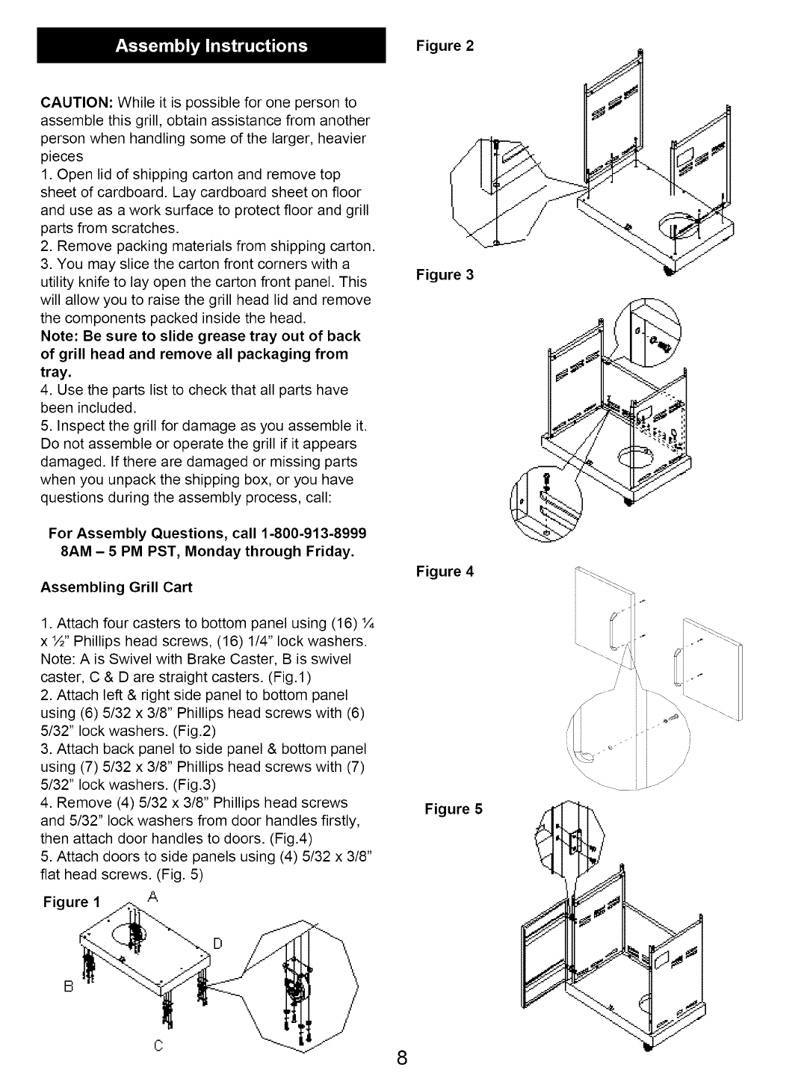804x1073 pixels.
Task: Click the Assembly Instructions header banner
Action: (x=211, y=46)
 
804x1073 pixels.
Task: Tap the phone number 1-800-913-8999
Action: (x=315, y=534)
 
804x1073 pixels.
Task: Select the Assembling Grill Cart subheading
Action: (x=117, y=587)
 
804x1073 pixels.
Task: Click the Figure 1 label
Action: (x=66, y=902)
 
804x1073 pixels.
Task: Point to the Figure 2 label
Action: (x=445, y=46)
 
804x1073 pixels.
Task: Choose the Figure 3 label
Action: (x=445, y=275)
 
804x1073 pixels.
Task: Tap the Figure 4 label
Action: (x=445, y=572)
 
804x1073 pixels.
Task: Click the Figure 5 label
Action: (x=454, y=809)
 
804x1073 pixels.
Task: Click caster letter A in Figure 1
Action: (x=152, y=896)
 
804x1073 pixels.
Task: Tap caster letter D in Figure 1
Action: (x=218, y=944)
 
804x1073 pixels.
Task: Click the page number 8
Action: (x=402, y=1058)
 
